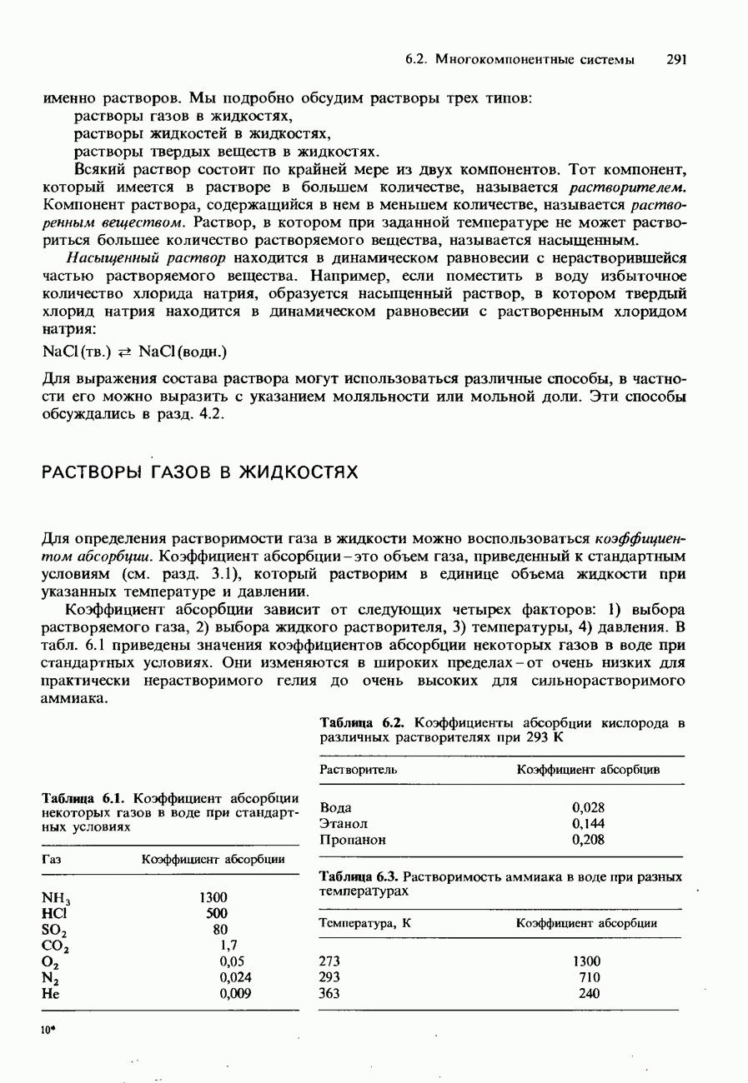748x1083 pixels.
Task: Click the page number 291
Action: click(675, 59)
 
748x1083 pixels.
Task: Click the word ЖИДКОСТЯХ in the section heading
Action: click(299, 472)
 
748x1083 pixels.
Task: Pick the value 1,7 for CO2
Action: click(224, 946)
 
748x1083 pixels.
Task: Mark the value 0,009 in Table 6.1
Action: click(235, 993)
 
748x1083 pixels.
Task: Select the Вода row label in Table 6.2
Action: click(336, 807)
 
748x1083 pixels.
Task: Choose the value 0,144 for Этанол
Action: click(588, 823)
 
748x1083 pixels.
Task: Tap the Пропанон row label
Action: click(350, 840)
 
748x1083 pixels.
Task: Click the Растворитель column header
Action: click(359, 770)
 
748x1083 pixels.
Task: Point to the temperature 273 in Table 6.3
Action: click(330, 961)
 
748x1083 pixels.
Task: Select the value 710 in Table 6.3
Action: click(590, 977)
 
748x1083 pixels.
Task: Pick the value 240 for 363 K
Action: click(590, 993)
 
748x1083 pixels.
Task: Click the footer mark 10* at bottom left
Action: click(48, 1030)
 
